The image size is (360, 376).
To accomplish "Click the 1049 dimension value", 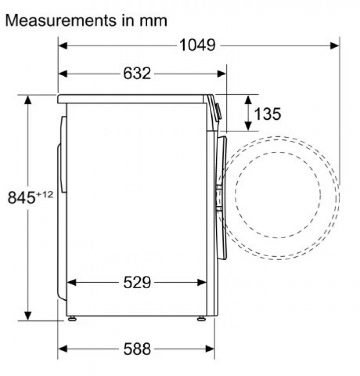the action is point(197,45).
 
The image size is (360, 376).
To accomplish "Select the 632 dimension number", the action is point(137,73).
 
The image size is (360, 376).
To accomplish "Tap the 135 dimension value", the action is point(267,114).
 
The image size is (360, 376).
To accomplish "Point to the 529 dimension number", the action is point(137,282).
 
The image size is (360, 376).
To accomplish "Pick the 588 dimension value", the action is point(137,348).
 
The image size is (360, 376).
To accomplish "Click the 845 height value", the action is point(22,198).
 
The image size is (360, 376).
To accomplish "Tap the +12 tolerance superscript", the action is point(45,195).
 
